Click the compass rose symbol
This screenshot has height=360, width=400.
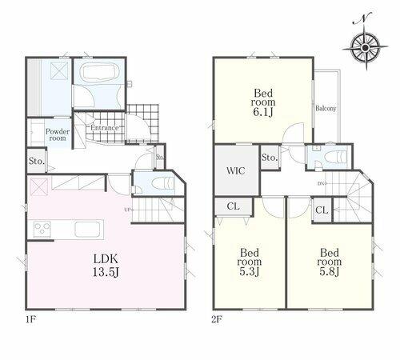click(x=366, y=47)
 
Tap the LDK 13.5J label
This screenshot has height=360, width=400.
click(x=106, y=265)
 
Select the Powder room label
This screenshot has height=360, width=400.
click(x=58, y=134)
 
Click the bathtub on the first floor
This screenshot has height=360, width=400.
click(x=98, y=72)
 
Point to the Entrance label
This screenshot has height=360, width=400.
click(x=105, y=128)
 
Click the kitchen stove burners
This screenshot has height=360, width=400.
click(x=42, y=230)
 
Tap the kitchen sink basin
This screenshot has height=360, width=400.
click(x=87, y=230)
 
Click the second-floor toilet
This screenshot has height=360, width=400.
click(x=335, y=157)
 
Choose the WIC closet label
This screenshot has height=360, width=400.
click(x=236, y=170)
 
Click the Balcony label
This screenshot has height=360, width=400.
click(x=326, y=108)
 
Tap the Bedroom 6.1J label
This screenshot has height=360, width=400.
click(x=263, y=102)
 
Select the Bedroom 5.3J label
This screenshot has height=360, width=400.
click(x=250, y=262)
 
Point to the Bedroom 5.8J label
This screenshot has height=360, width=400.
click(x=330, y=262)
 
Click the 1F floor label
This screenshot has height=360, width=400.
click(x=30, y=319)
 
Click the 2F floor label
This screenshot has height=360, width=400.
click(x=217, y=319)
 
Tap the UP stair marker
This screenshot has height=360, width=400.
click(x=128, y=210)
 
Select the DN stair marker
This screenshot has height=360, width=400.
click(x=322, y=183)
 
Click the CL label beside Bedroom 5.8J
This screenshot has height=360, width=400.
click(x=322, y=210)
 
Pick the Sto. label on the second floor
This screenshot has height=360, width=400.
click(x=270, y=158)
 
